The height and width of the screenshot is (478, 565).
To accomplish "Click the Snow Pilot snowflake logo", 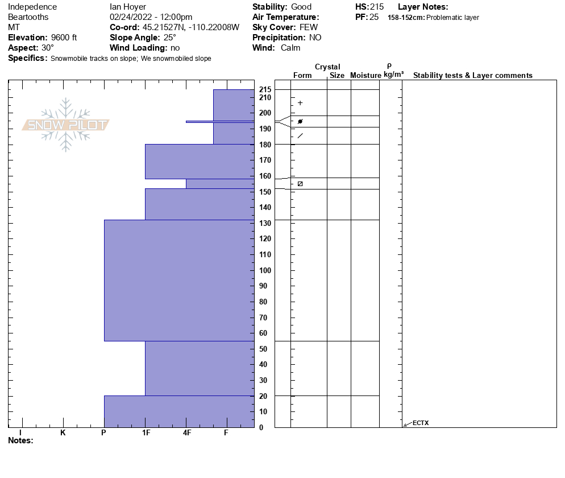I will click(66, 125).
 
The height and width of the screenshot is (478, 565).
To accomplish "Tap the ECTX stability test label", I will click(421, 423).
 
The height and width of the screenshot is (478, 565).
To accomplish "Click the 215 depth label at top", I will click(264, 90).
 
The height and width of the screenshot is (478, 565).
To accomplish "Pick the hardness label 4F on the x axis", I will click(187, 433).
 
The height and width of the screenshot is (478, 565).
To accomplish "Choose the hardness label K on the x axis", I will click(63, 433).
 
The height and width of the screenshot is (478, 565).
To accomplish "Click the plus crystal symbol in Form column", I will click(300, 103).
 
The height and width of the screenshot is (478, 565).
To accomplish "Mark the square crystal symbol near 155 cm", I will click(300, 184).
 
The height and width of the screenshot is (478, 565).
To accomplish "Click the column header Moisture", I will click(365, 76).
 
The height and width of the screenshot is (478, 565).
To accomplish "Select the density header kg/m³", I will click(393, 75).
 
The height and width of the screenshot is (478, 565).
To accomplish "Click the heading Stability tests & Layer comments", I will click(472, 76).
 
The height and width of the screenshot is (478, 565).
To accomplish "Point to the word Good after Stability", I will click(301, 7).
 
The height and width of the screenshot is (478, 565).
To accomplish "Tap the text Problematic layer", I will click(452, 18).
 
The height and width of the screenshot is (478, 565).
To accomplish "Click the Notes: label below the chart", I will click(21, 440).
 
